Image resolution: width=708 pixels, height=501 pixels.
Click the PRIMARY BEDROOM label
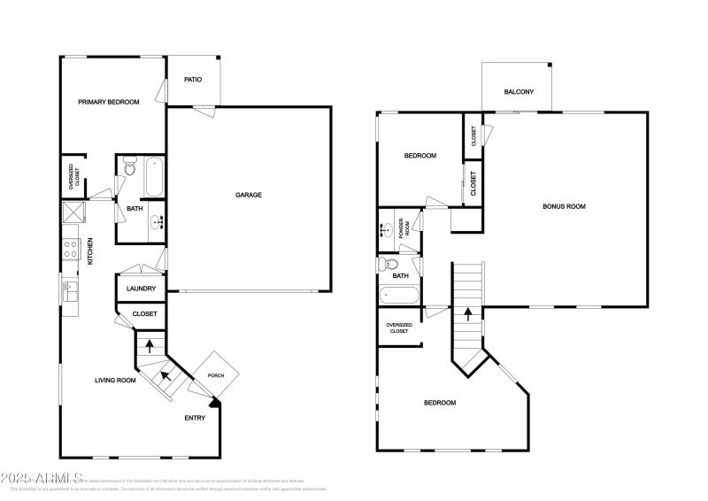108,102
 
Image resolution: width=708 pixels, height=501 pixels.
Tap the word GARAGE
248,195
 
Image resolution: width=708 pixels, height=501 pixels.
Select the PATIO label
193,80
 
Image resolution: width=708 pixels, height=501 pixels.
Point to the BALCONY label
518,92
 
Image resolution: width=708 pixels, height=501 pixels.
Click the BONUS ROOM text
564,206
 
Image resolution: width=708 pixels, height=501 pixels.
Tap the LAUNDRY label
142,289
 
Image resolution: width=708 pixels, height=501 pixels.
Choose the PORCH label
216,375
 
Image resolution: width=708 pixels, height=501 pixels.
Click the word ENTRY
195,418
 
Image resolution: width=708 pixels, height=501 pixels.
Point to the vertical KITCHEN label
90,250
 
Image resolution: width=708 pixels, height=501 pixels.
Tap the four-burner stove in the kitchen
70,250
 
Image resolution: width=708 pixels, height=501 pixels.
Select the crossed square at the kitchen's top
71,212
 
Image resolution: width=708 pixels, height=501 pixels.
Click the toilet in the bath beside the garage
128,166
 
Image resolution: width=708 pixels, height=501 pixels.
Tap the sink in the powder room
388,230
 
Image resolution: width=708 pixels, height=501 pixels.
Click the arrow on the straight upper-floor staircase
467,314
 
